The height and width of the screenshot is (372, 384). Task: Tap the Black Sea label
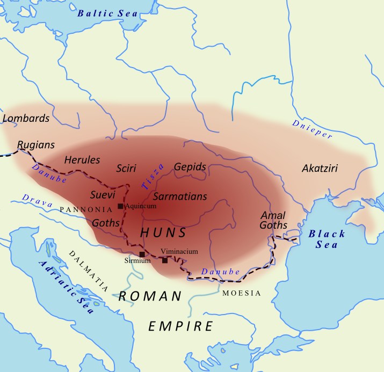[327, 239]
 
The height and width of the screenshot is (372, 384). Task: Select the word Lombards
[26, 118]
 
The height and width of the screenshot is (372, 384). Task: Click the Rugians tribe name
[36, 145]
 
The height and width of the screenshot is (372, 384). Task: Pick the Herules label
[82, 160]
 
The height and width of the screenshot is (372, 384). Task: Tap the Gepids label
[190, 167]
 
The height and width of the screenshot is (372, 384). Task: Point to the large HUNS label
[163, 233]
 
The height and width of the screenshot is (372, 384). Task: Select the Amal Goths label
[274, 220]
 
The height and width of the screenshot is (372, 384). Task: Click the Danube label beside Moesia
[220, 272]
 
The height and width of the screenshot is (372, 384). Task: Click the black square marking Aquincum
[120, 206]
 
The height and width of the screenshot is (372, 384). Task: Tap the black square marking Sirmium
[142, 254]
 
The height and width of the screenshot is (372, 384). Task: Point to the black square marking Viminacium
[165, 260]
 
